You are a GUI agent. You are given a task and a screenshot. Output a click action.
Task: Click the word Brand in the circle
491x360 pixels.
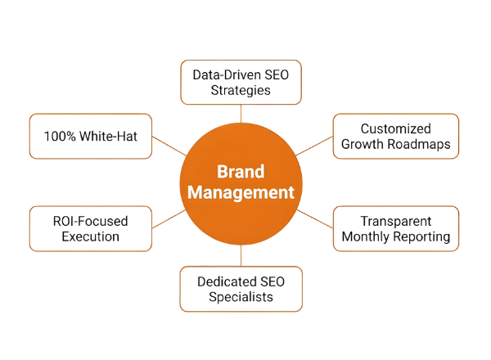(241, 173)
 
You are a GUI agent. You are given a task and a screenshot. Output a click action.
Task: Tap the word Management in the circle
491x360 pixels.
(241, 194)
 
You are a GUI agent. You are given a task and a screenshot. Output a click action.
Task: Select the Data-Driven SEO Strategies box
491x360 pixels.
(241, 83)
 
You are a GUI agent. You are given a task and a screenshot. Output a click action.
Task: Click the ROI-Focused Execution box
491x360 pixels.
(90, 228)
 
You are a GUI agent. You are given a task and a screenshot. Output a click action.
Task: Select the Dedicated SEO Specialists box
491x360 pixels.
(241, 289)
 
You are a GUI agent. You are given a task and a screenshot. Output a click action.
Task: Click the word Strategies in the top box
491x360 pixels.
(241, 91)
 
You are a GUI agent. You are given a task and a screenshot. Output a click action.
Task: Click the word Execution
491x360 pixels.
(90, 236)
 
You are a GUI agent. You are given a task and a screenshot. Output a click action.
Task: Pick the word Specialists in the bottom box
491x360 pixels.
(241, 297)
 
